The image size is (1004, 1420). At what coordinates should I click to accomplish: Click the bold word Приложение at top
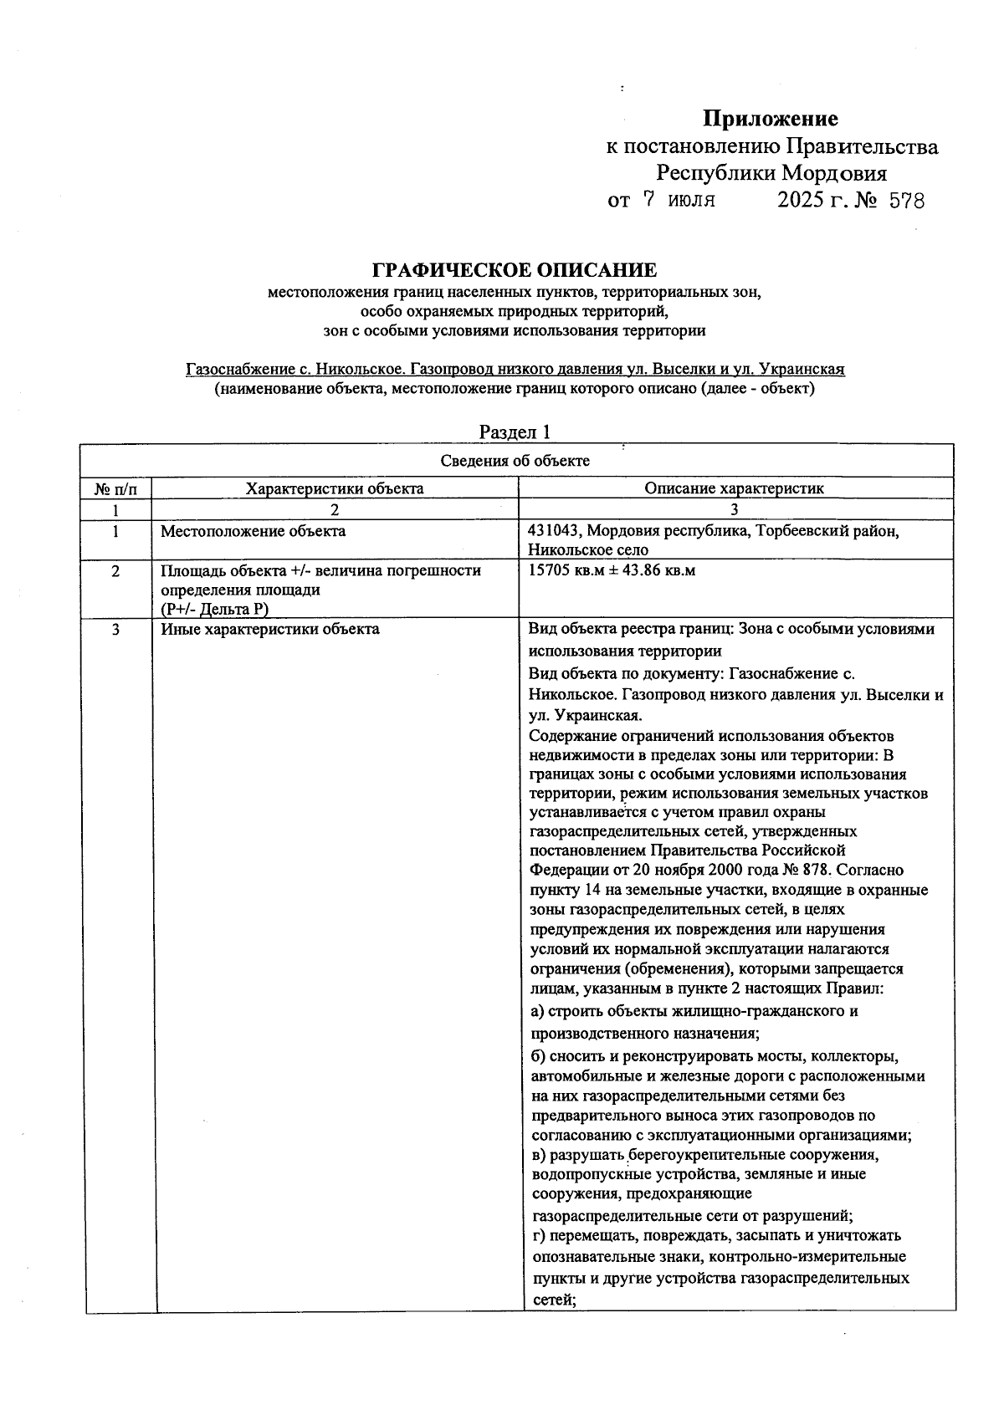tap(770, 119)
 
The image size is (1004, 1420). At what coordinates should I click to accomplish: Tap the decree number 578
tap(906, 202)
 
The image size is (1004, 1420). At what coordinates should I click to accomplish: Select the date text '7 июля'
tap(679, 201)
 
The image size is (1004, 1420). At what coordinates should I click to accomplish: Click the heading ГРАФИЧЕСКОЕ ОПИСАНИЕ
tap(515, 270)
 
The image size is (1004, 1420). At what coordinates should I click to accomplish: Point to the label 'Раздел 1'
tap(515, 432)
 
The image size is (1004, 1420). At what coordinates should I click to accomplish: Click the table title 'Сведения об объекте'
tap(515, 461)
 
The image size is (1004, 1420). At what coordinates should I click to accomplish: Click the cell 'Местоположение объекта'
tap(253, 531)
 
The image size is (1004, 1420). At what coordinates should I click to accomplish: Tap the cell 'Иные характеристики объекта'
tap(269, 629)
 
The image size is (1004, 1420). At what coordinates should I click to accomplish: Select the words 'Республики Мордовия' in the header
tap(771, 174)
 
